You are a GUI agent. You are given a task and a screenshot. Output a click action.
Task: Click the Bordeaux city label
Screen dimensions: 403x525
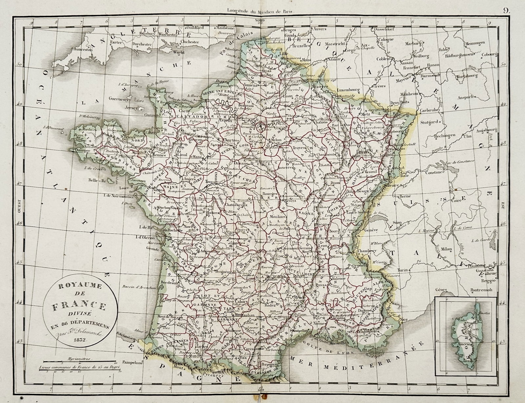point(169,282)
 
